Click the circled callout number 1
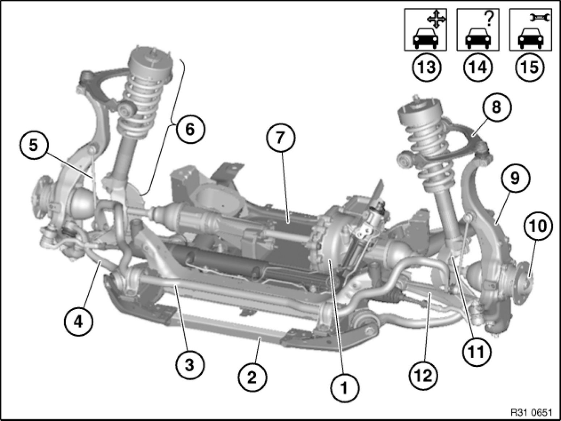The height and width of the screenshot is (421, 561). point(344,389)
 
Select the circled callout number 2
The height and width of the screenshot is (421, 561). point(252,378)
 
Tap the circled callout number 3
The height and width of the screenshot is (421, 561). point(190,365)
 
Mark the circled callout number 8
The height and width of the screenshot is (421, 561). point(496,107)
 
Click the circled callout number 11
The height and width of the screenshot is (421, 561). point(476,351)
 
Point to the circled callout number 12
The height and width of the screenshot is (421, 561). point(424,376)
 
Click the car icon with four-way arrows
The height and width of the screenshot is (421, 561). point(426,30)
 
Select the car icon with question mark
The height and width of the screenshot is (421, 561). point(478,30)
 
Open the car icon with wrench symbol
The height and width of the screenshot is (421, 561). point(531,30)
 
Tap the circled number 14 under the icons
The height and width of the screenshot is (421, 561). point(478,67)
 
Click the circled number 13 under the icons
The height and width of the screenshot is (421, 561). point(427,67)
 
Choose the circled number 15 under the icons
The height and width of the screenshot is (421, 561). point(531,67)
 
